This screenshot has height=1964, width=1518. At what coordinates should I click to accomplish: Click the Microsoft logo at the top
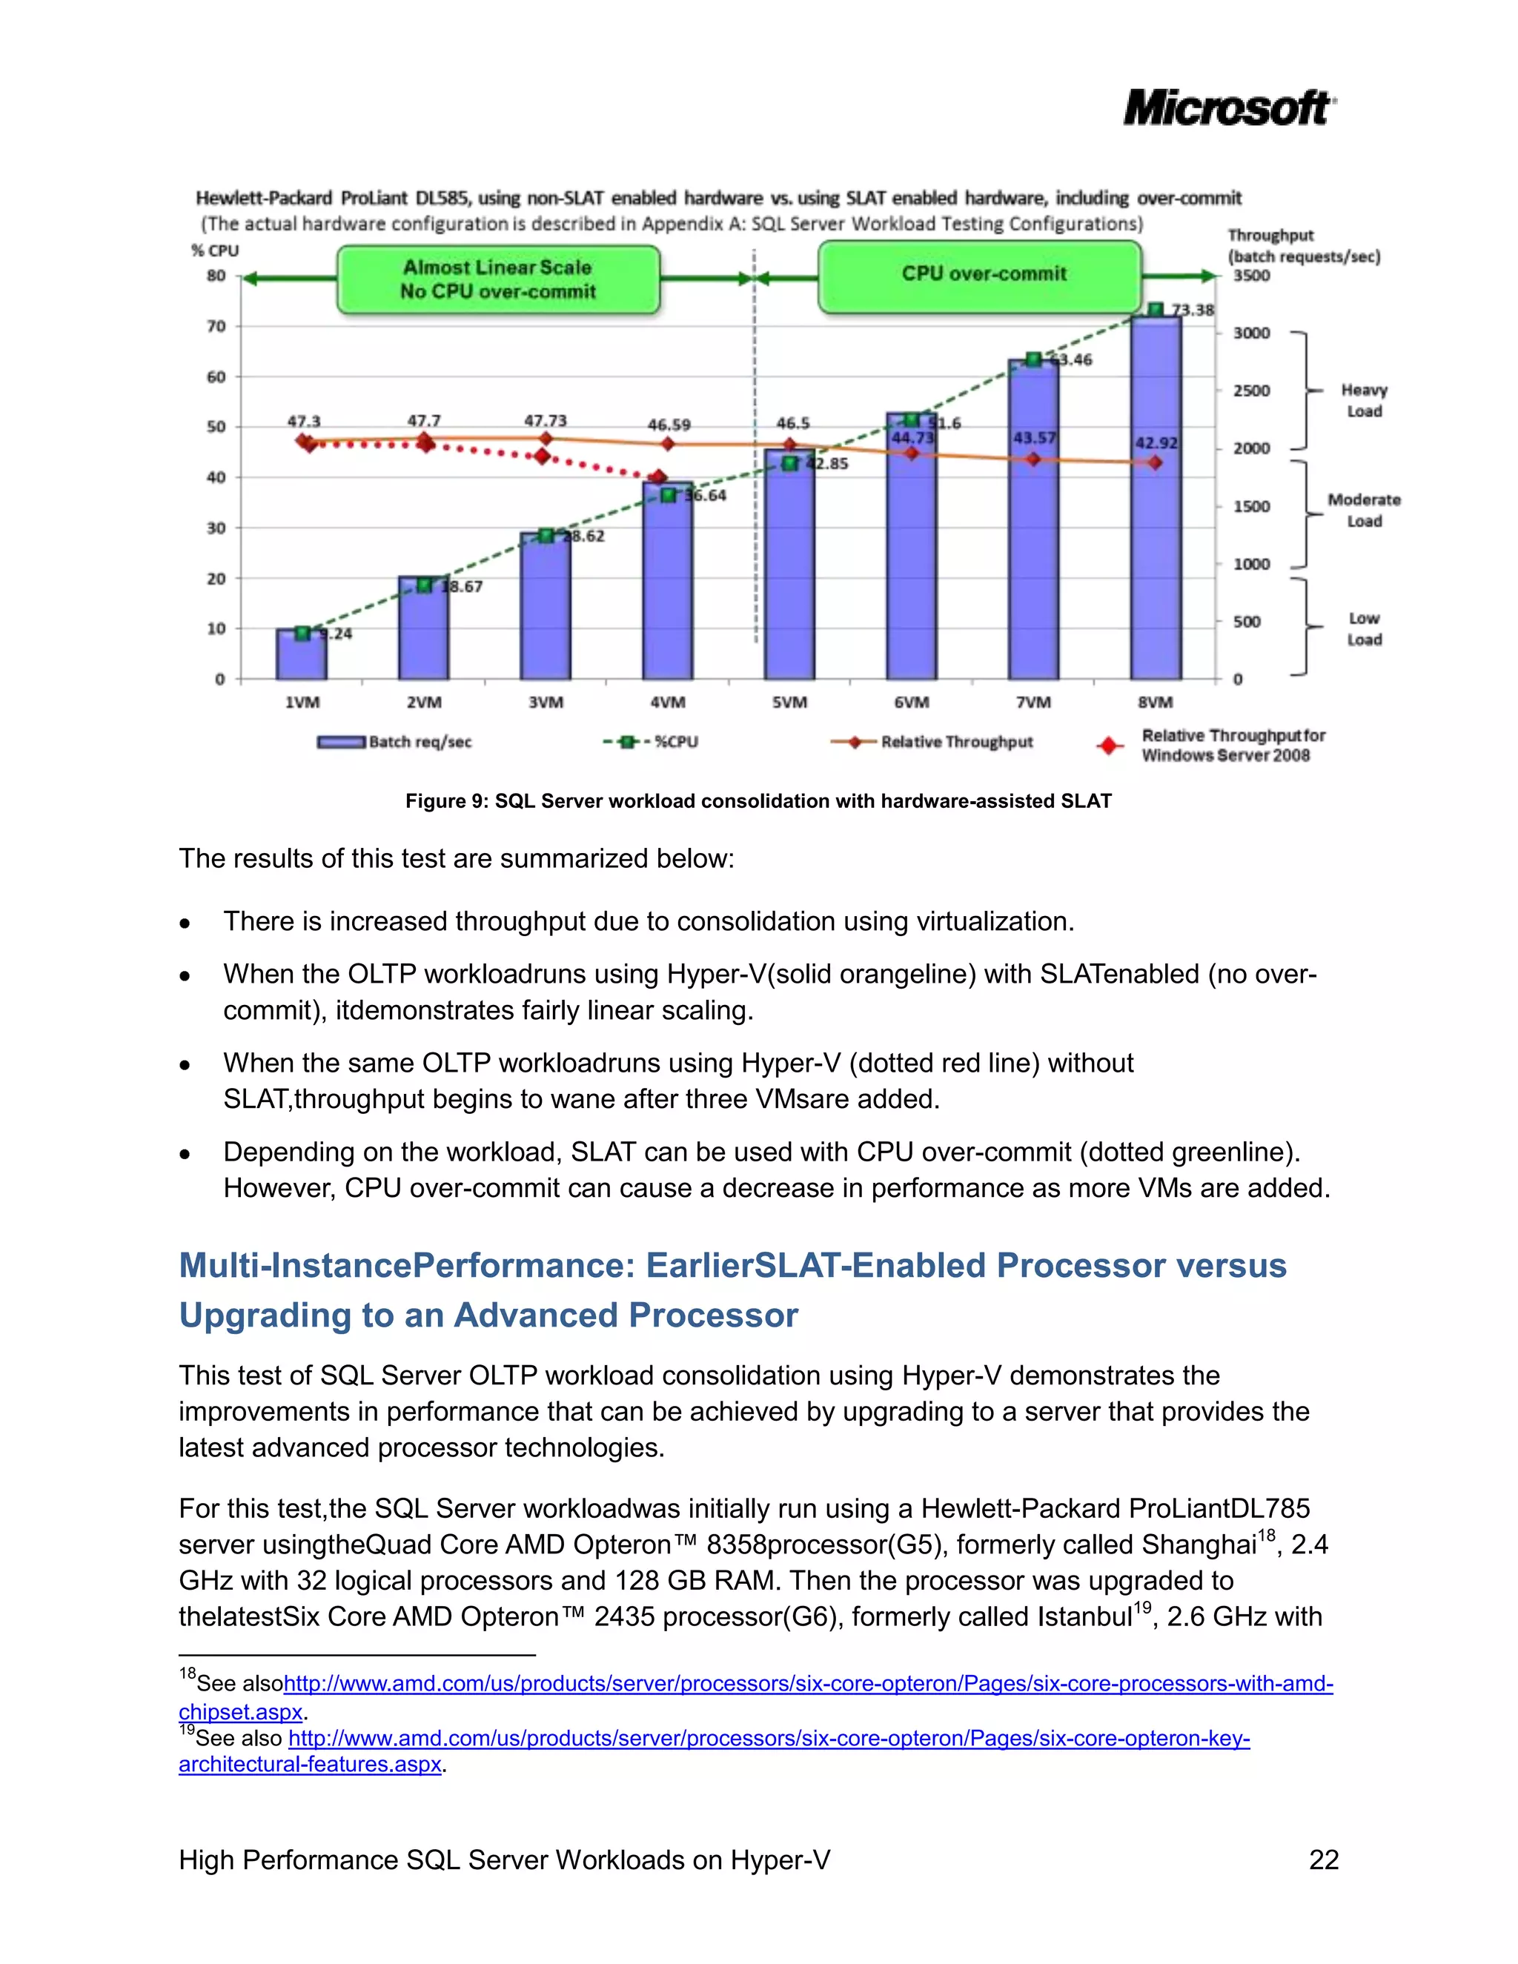[x=1228, y=109]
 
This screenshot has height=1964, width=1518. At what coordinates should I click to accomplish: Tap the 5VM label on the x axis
[x=789, y=703]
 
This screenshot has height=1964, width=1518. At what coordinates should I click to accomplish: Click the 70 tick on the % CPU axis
[x=216, y=326]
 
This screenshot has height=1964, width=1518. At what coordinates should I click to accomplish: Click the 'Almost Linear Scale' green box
[x=498, y=279]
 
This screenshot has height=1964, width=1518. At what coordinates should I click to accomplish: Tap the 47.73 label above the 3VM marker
[x=545, y=421]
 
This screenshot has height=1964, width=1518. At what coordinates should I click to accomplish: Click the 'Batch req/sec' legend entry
[x=395, y=742]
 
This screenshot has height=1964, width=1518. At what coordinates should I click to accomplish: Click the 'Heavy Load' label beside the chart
[x=1363, y=400]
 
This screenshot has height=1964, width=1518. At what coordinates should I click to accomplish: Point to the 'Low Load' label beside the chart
[x=1363, y=628]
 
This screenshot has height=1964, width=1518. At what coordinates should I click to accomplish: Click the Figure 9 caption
[x=758, y=801]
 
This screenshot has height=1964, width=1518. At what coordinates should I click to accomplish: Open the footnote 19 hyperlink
[x=769, y=1738]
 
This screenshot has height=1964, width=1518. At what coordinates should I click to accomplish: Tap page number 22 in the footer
[x=1324, y=1859]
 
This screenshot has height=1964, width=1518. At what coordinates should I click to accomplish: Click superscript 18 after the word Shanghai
[x=1266, y=1535]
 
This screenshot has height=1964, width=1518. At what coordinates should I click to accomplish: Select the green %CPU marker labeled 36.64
[x=668, y=496]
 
